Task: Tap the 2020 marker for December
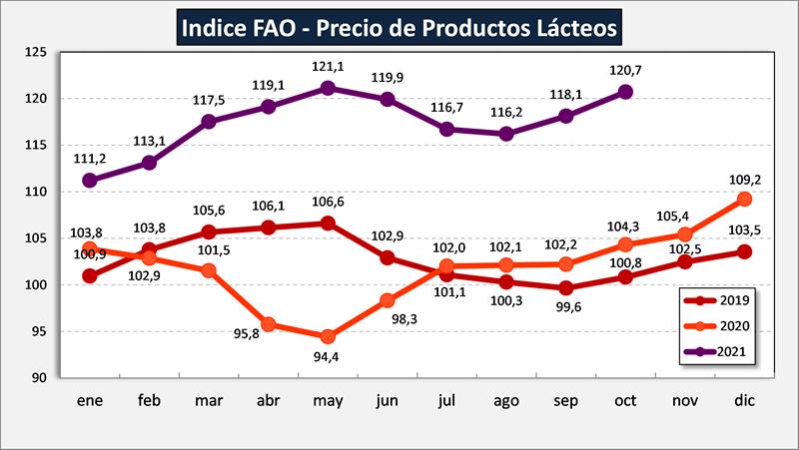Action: coord(744,199)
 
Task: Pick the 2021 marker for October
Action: coord(626,92)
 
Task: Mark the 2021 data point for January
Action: coord(90,181)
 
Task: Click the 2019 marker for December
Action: coord(744,251)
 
